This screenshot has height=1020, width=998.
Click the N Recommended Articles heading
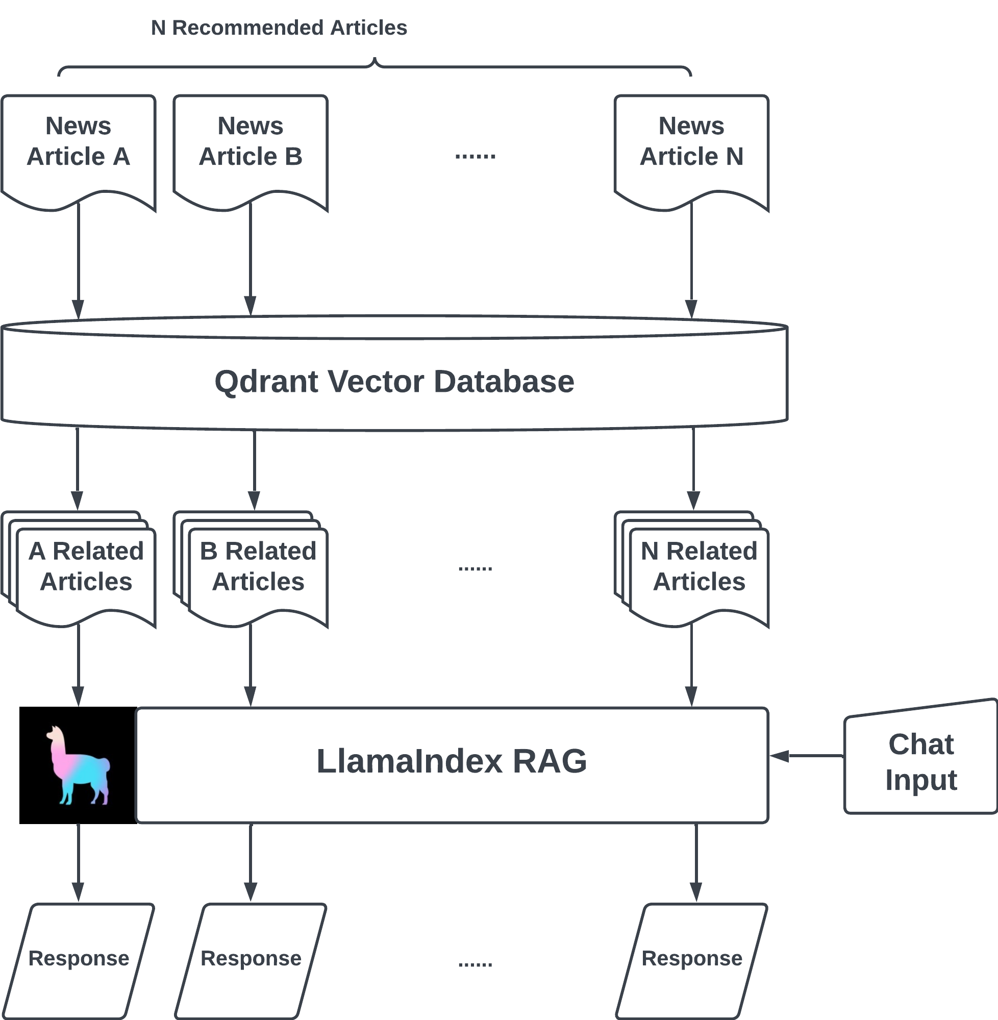tap(279, 28)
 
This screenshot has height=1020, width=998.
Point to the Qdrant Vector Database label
tap(394, 382)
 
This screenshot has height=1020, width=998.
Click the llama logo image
tap(78, 765)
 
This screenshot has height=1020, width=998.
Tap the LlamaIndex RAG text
tap(452, 761)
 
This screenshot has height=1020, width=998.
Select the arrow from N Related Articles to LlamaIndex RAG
tap(691, 666)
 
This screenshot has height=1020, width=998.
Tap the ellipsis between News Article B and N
tap(475, 156)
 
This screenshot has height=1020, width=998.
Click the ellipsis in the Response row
tap(475, 963)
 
